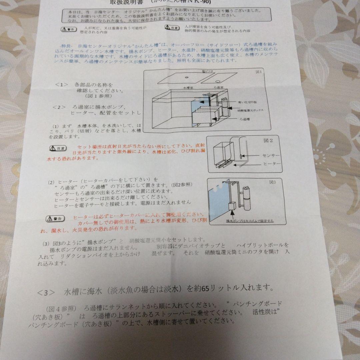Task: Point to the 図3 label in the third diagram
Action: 273,182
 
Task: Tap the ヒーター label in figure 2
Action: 272,164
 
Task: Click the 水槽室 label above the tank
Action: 188,87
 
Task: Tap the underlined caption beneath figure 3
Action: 250,221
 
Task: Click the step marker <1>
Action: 61,85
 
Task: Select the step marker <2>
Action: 59,107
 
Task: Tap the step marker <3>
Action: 46,293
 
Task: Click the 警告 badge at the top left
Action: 68,29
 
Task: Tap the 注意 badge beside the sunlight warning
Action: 58,148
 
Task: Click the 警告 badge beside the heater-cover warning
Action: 54,219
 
